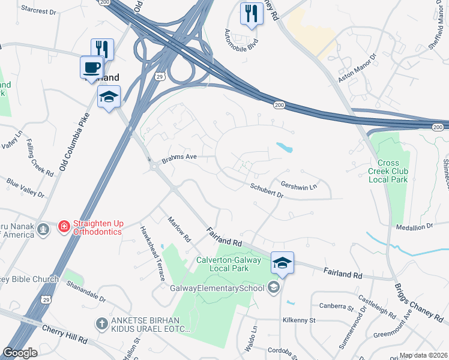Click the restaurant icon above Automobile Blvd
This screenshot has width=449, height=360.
pyautogui.click(x=251, y=13)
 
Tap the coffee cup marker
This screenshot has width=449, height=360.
pyautogui.click(x=91, y=67)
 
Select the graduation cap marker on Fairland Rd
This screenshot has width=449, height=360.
pyautogui.click(x=282, y=262)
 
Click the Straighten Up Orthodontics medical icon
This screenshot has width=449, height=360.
pyautogui.click(x=63, y=227)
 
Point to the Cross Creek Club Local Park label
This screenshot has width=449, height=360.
pyautogui.click(x=393, y=171)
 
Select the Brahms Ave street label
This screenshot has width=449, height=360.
pyautogui.click(x=179, y=158)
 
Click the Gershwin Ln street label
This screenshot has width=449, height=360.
pyautogui.click(x=298, y=186)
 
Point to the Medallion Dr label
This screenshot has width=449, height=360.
pyautogui.click(x=415, y=226)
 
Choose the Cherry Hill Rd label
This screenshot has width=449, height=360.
pyautogui.click(x=65, y=334)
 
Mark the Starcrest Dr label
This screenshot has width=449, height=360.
pyautogui.click(x=38, y=9)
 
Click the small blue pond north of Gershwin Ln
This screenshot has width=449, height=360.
pyautogui.click(x=283, y=146)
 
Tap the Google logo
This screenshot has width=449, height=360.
pyautogui.click(x=20, y=353)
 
